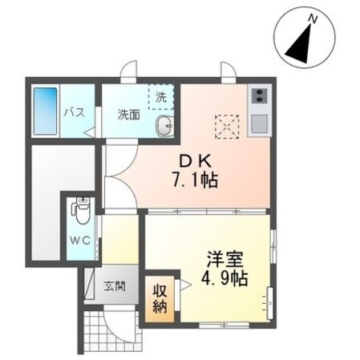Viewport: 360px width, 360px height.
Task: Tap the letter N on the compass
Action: coord(315,18)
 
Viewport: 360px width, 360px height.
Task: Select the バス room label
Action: coord(75,111)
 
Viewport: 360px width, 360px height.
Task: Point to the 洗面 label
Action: coord(129,113)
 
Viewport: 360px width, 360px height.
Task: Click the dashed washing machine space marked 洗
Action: coord(160,97)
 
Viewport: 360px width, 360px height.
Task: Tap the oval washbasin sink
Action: coord(165,125)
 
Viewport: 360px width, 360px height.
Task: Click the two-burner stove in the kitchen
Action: coord(259,98)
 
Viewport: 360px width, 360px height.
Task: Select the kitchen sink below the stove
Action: coord(259,123)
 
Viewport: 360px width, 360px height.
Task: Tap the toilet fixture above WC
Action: coord(80,212)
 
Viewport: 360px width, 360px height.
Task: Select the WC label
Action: coord(79,240)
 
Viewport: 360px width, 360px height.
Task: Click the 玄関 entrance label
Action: coord(114,285)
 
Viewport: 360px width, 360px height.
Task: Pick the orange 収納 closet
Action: coord(157,297)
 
